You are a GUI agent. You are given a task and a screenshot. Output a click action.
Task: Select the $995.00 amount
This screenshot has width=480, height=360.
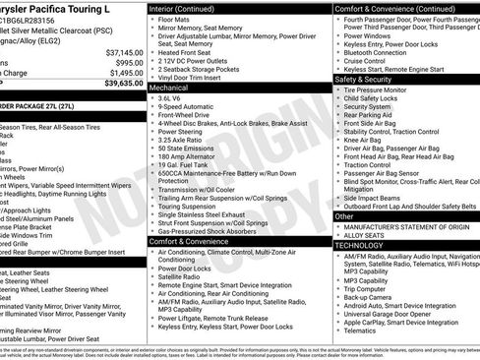coord(126,62)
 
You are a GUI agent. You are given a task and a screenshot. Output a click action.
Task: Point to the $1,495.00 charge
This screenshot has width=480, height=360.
coord(123,73)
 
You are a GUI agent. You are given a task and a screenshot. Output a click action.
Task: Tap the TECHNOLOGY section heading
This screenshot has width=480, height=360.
coord(360,245)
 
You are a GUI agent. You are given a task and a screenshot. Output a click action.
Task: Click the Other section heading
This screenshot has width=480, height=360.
coord(344,216)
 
